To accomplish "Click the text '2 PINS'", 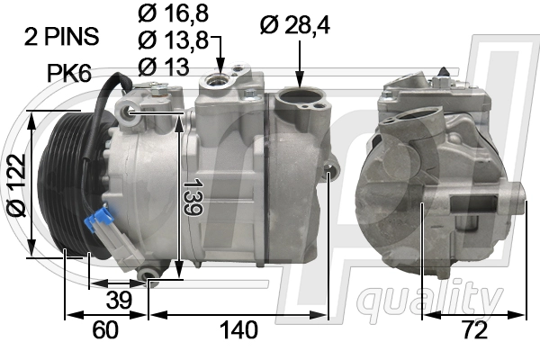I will click(x=61, y=37).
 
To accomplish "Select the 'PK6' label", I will click(x=69, y=71).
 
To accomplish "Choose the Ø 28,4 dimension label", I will click(x=294, y=25).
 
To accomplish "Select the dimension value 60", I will click(x=105, y=330).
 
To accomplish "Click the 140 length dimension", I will click(x=238, y=330).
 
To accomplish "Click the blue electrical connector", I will click(x=100, y=222).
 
